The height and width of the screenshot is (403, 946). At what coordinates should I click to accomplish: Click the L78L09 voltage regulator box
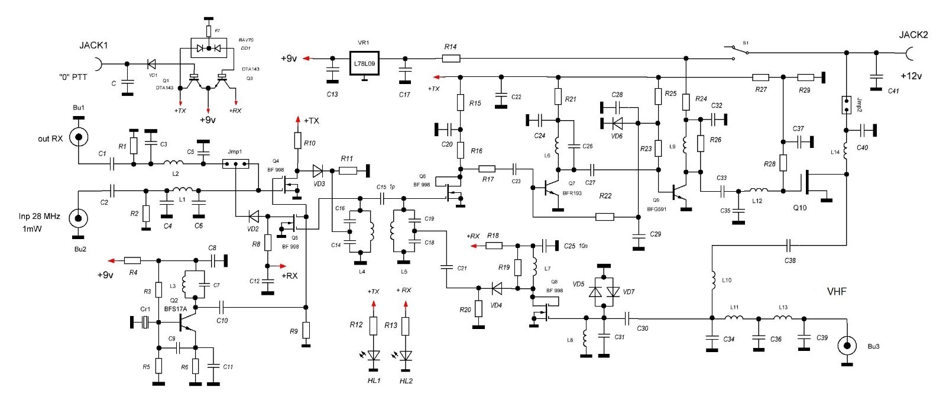point(364,63)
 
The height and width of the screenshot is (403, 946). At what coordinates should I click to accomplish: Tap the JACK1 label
point(93,45)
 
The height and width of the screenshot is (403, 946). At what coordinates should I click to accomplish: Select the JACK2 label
point(913,35)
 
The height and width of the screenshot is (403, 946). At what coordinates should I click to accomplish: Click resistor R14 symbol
point(451,59)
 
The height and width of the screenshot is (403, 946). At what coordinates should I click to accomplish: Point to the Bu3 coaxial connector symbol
point(847,346)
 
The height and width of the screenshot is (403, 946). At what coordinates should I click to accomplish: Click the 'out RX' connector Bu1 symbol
point(79,137)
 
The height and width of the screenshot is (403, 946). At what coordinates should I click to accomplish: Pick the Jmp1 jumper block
point(235,164)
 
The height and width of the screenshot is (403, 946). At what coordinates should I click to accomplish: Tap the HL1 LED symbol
point(373,355)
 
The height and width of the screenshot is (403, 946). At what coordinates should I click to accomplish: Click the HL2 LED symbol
point(406,355)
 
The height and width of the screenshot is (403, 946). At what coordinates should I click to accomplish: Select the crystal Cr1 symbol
point(145,323)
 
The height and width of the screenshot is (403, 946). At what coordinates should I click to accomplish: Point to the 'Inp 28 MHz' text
point(39,216)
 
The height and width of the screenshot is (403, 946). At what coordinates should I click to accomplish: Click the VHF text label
point(837,291)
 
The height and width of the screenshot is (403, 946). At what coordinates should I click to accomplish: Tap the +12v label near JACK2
point(911,76)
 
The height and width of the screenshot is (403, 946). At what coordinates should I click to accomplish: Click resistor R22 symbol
point(605,217)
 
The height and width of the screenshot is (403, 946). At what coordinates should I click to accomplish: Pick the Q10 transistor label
point(800,208)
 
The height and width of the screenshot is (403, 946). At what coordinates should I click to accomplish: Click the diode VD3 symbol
point(318,171)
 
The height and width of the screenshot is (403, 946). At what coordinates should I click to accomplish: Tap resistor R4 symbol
point(132,260)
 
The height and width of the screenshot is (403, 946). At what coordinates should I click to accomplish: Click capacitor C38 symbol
point(788,244)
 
